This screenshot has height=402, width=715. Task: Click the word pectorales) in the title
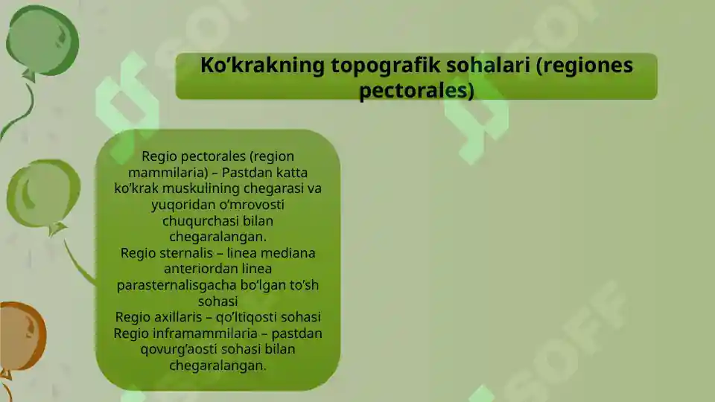(416, 91)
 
